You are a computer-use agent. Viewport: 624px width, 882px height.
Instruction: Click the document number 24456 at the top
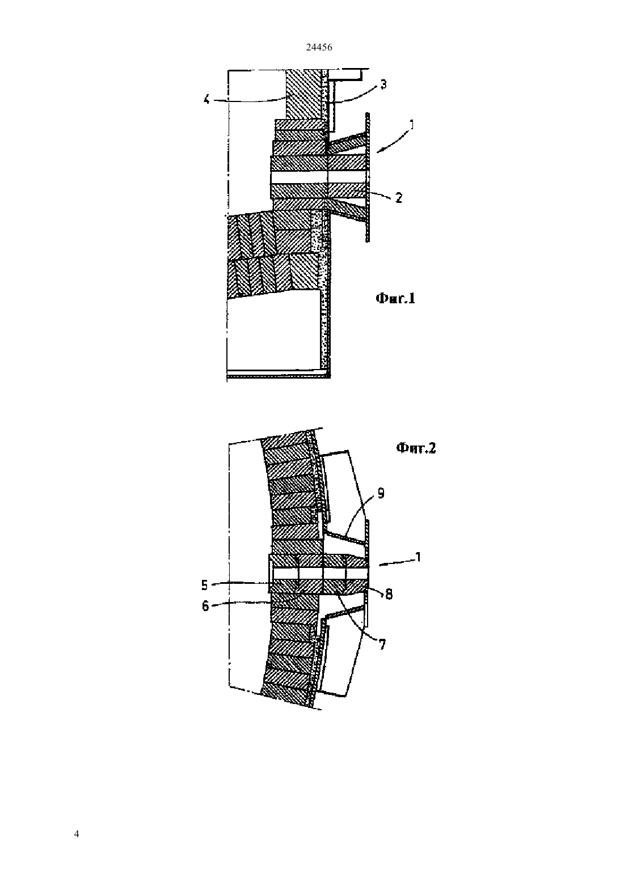click(x=319, y=48)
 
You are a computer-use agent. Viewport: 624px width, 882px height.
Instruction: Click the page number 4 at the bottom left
click(x=77, y=834)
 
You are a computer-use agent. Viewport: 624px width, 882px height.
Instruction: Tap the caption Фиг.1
click(x=395, y=298)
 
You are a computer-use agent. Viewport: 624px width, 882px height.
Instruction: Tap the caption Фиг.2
click(x=416, y=448)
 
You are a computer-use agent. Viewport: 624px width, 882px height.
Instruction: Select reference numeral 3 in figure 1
click(x=383, y=84)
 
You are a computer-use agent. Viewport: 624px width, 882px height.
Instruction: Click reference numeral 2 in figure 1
click(x=399, y=198)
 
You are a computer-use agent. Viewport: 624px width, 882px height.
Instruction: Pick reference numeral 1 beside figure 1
click(x=412, y=125)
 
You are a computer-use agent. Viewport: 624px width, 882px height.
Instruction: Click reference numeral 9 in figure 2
click(x=381, y=493)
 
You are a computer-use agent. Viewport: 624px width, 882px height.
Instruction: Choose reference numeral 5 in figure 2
click(x=204, y=585)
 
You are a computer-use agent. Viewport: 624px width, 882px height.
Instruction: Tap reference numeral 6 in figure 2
click(x=205, y=605)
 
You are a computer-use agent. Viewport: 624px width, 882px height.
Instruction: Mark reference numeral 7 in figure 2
click(x=382, y=644)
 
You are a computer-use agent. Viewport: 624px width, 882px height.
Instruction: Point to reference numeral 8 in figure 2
click(x=389, y=594)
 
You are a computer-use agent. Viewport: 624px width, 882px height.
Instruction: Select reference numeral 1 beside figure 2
click(x=418, y=557)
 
